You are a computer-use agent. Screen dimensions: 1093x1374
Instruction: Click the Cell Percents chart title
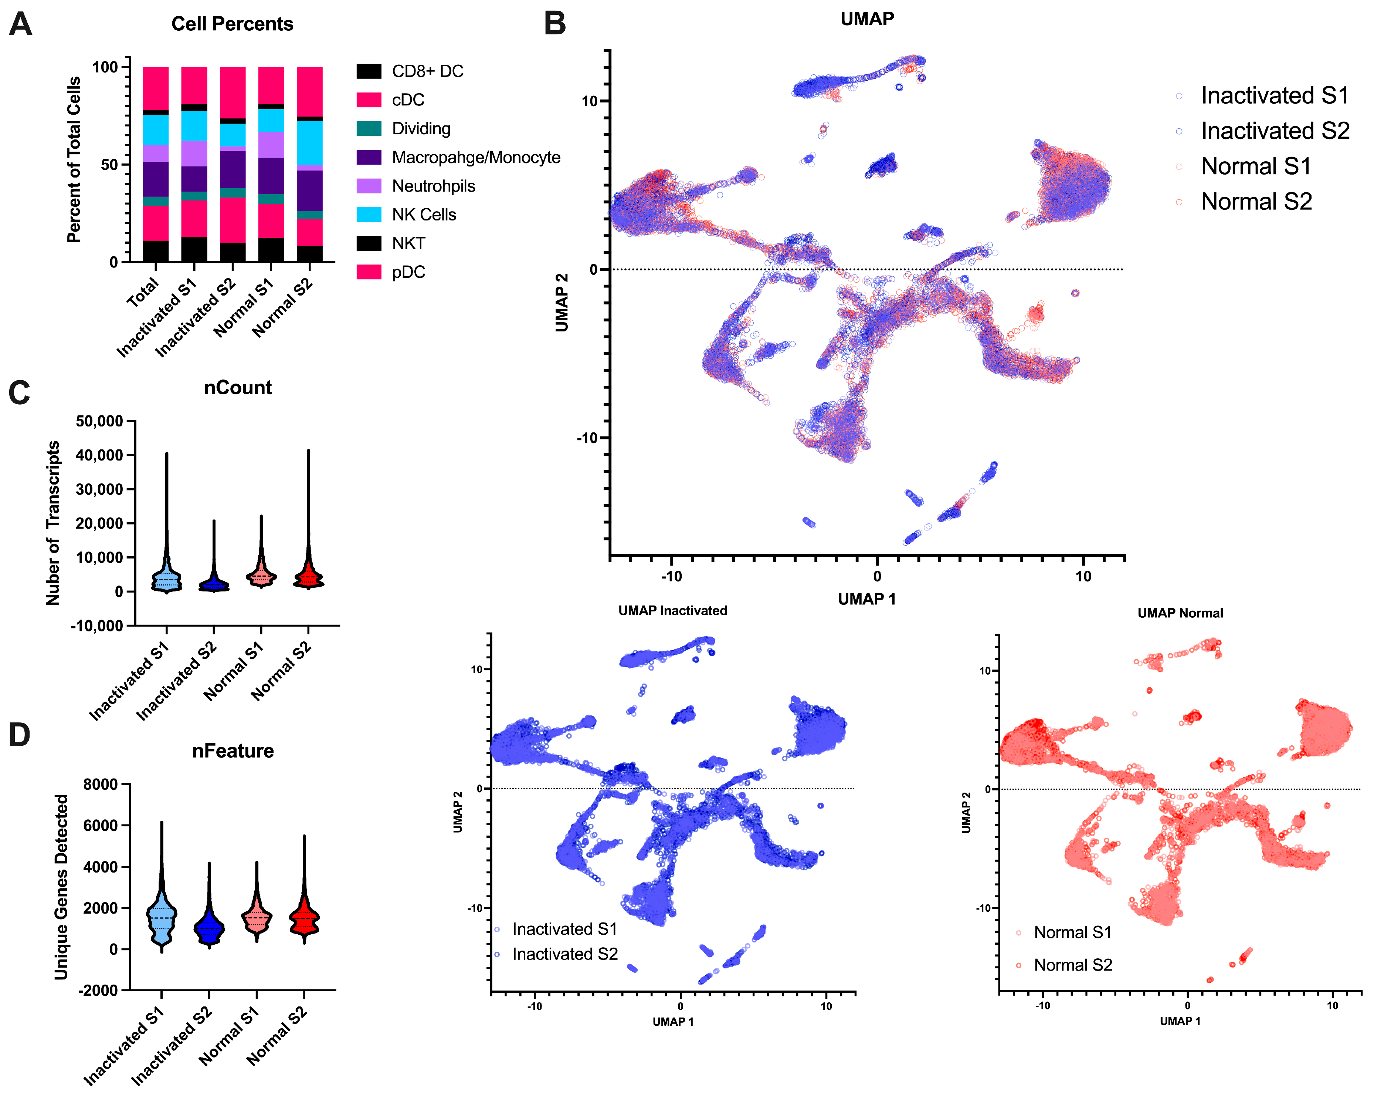click(232, 24)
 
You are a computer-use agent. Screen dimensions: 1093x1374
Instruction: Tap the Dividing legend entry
click(421, 129)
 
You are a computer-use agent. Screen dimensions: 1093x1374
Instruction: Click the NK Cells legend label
click(424, 215)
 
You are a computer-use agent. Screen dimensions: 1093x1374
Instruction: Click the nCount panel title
click(238, 388)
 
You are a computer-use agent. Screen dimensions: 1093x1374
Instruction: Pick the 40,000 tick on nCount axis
click(99, 455)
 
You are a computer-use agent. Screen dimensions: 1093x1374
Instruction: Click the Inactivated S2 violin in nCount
click(214, 583)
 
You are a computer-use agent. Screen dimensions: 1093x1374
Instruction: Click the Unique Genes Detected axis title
click(61, 886)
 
